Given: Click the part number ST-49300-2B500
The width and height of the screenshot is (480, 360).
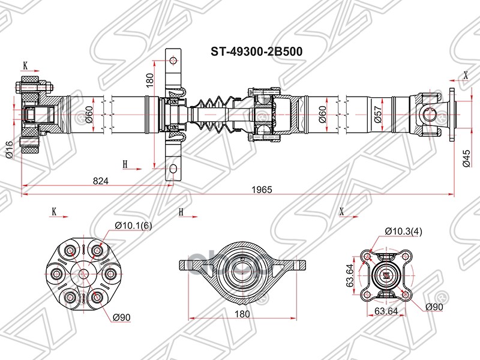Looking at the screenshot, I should click(256, 52).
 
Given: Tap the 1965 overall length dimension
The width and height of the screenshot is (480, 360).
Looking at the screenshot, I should click(262, 189).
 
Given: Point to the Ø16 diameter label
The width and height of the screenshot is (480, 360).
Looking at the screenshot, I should click(9, 148).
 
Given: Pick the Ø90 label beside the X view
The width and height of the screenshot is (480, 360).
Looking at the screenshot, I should click(433, 307).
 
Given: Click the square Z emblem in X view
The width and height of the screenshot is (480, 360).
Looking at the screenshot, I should click(385, 277).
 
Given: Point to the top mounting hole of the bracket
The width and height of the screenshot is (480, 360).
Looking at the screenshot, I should click(173, 61).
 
